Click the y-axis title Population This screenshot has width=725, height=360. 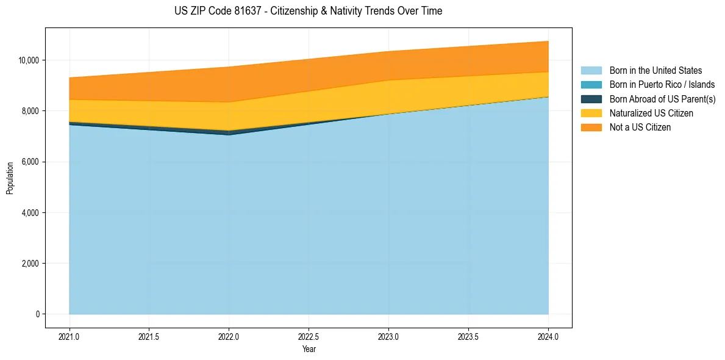10,178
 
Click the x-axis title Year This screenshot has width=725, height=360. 309,350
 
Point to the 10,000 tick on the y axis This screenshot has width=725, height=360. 29,60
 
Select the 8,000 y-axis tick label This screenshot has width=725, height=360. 31,111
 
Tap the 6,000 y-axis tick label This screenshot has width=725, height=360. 31,162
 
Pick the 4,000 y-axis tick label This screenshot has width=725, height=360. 31,213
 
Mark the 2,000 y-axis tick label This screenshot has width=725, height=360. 31,264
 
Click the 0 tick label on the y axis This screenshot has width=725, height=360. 38,314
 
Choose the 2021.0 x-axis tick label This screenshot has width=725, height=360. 70,336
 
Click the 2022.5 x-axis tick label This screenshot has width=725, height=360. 309,336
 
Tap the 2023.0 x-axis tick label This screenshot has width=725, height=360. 388,336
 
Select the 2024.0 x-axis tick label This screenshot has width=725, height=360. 548,336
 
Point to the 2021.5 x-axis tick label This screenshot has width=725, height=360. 149,336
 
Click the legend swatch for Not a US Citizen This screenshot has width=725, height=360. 591,128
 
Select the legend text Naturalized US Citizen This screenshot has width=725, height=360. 651,113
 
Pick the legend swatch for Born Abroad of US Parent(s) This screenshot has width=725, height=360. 591,99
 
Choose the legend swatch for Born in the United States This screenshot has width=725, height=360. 591,71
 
